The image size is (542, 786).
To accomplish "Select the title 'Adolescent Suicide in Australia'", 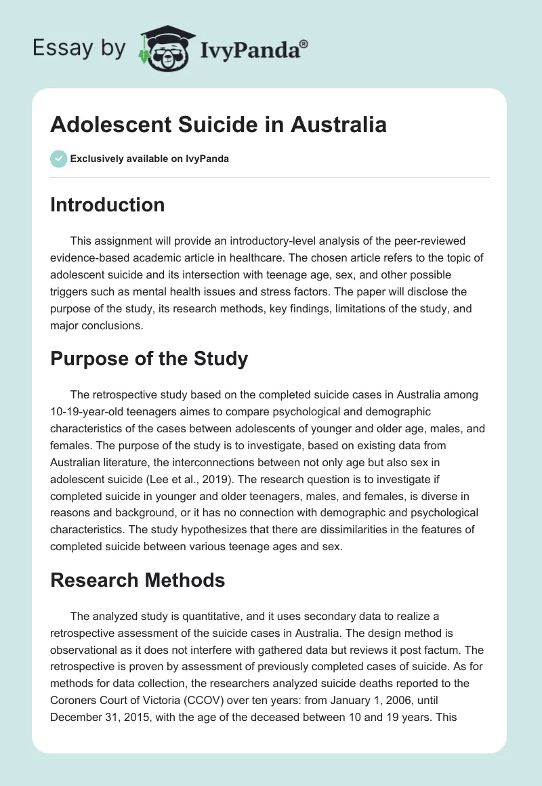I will [x=218, y=125].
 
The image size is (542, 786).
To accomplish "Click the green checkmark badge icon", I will [x=58, y=159].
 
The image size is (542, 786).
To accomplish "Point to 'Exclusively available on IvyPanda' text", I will [x=150, y=159].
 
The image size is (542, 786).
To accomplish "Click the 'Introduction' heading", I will [x=107, y=205].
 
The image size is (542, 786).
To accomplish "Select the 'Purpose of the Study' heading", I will [x=149, y=358].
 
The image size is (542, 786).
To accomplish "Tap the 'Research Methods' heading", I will [x=138, y=579].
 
